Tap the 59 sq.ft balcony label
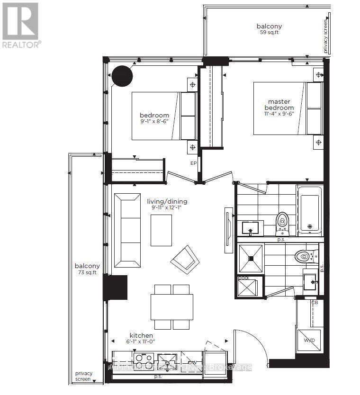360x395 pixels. pyautogui.click(x=269, y=29)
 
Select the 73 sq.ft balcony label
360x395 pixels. pyautogui.click(x=87, y=269)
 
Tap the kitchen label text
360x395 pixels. pyautogui.click(x=141, y=335)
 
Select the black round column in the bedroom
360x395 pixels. pyautogui.click(x=122, y=75)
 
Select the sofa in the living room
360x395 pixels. pyautogui.click(x=126, y=230)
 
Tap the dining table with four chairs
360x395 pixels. pyautogui.click(x=171, y=306)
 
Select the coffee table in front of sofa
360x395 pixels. pyautogui.click(x=161, y=230)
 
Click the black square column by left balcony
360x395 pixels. pyautogui.click(x=116, y=287)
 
